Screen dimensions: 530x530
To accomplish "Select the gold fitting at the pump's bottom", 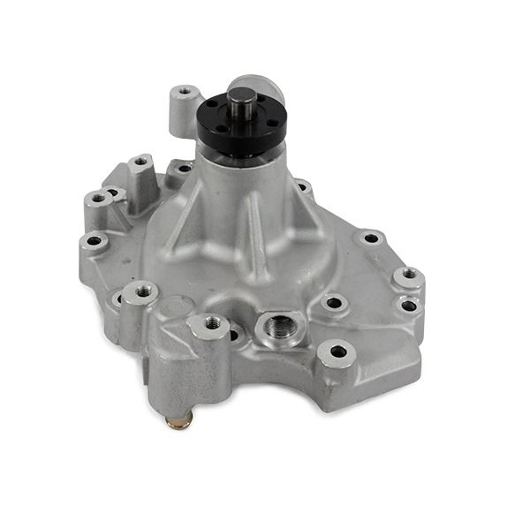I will (178, 420).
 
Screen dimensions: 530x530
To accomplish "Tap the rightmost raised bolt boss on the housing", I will (408, 276).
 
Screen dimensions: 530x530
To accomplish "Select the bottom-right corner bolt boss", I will (338, 352).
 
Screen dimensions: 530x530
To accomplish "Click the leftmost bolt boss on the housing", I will (91, 240).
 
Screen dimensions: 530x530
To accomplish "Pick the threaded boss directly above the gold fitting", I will (212, 325).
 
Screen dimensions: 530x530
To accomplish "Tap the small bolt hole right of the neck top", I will (303, 186).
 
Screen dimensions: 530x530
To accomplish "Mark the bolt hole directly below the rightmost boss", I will (407, 306).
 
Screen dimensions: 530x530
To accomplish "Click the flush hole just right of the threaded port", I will (332, 302).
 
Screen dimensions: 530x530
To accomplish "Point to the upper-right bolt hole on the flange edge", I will (369, 237).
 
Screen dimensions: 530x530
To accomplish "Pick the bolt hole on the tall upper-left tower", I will (141, 163).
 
